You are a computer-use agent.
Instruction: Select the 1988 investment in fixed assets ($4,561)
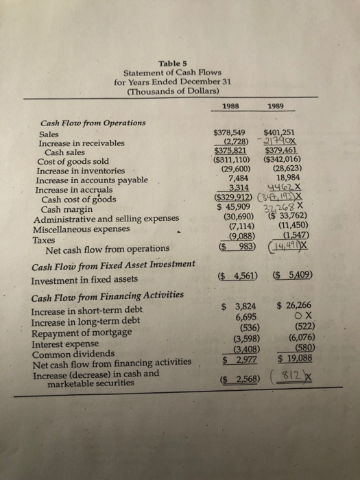pyautogui.click(x=227, y=277)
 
